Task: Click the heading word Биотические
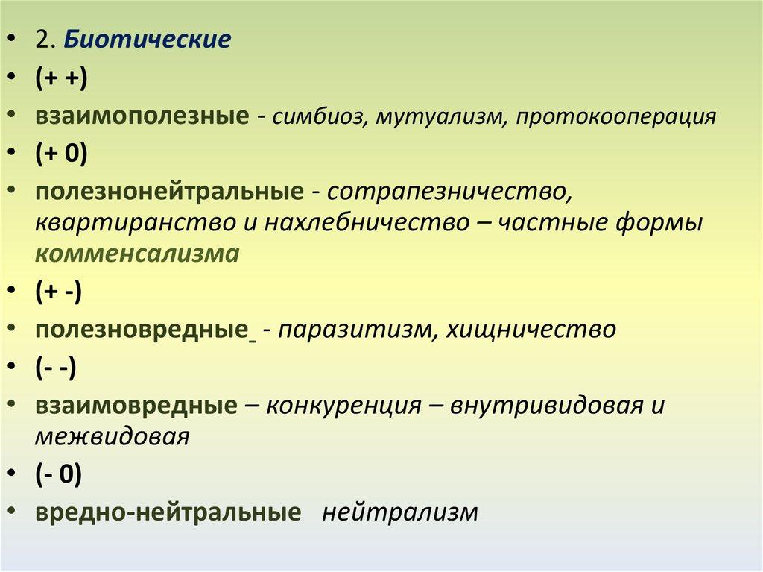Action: coord(147,39)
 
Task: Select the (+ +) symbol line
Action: coord(61,78)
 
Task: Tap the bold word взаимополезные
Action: coord(142,116)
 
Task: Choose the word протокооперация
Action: coord(616,118)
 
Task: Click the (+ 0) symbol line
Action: coord(61,154)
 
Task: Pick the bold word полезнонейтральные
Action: coord(169,191)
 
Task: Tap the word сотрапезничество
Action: coord(448,192)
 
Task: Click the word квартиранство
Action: coord(136,223)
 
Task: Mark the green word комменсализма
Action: coord(137,254)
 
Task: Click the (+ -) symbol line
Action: coord(58,292)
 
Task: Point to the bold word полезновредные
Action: coord(142,330)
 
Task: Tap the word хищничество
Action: coord(531,330)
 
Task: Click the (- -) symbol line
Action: coord(55,368)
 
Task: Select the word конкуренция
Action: coord(343,406)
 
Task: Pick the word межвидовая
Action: coord(112,436)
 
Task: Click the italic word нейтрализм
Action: coord(400,512)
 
